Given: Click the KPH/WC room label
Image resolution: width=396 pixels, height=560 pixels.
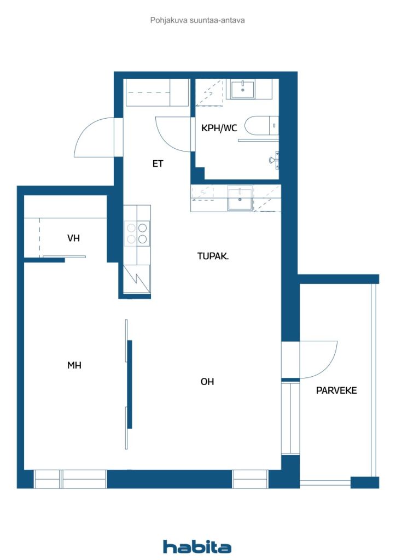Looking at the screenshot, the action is pyautogui.click(x=219, y=128).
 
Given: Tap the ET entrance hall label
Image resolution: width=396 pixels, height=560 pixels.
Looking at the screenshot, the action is pyautogui.click(x=158, y=164).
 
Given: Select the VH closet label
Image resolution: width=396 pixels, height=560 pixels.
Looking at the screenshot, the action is pyautogui.click(x=73, y=238).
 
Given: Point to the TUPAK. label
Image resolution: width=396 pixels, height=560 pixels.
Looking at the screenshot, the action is pyautogui.click(x=213, y=256).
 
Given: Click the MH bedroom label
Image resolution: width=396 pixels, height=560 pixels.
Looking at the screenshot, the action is pyautogui.click(x=74, y=365).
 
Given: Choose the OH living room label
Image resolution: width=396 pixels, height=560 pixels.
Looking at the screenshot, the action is pyautogui.click(x=207, y=382).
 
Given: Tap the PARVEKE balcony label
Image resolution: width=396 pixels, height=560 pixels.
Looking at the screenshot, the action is pyautogui.click(x=336, y=390).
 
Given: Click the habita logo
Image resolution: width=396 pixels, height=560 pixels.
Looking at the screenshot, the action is pyautogui.click(x=197, y=547).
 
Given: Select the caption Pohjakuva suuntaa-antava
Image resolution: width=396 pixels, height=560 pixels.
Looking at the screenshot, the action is pyautogui.click(x=197, y=20).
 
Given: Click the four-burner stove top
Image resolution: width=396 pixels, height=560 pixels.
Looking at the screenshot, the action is pyautogui.click(x=137, y=233).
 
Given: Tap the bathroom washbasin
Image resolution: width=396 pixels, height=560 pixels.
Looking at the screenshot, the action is pyautogui.click(x=242, y=89).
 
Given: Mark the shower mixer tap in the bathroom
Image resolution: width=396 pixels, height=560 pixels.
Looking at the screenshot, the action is pyautogui.click(x=275, y=159).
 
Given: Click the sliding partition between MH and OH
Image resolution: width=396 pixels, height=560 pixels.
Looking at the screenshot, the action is pyautogui.click(x=129, y=384).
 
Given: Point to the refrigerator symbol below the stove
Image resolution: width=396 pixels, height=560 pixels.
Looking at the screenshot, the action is pyautogui.click(x=137, y=279).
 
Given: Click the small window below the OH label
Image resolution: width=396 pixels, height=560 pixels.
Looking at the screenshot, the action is pyautogui.click(x=250, y=479).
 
